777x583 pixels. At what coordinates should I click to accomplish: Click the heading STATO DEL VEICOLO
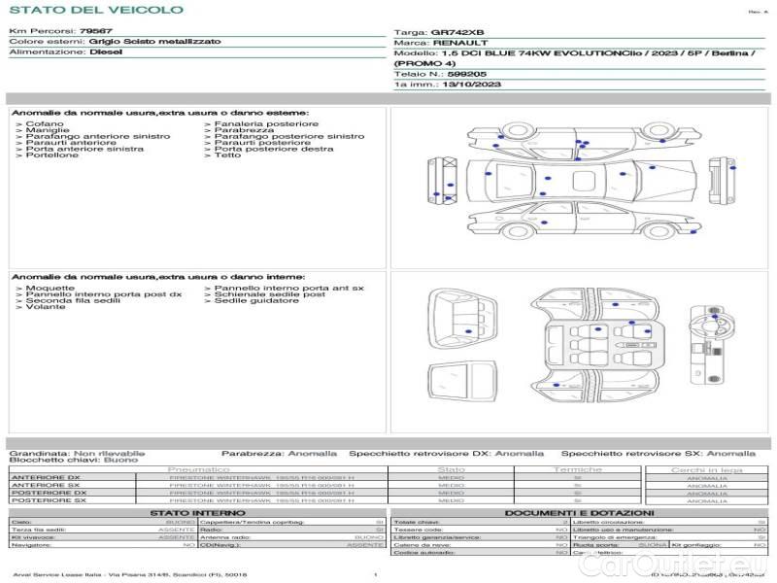click(x=95, y=10)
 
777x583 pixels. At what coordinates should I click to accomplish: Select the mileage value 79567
click(x=95, y=32)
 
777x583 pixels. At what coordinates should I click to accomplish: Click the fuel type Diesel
click(x=106, y=52)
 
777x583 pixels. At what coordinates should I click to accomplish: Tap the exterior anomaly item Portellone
click(x=52, y=155)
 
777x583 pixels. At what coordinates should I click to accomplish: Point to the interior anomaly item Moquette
click(x=49, y=289)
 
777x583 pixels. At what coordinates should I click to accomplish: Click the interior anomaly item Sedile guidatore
click(x=256, y=301)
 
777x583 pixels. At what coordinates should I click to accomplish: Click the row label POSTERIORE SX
click(x=48, y=500)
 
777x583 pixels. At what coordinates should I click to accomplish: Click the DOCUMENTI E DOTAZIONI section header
click(x=579, y=512)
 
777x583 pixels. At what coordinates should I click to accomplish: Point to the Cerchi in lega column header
click(x=706, y=469)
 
